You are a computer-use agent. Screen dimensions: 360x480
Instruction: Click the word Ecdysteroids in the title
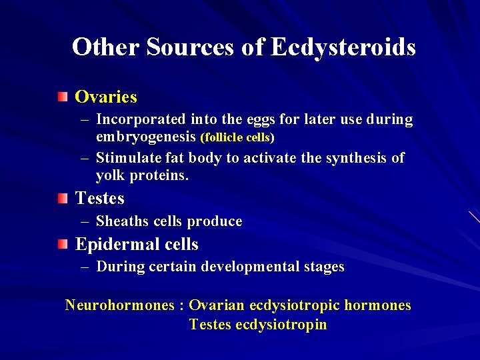pyautogui.click(x=344, y=47)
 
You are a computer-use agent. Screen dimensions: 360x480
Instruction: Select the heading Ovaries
pyautogui.click(x=106, y=97)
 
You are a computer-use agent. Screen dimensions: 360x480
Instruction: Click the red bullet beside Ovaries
pyautogui.click(x=62, y=97)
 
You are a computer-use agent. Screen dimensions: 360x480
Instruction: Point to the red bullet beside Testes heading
pyautogui.click(x=62, y=198)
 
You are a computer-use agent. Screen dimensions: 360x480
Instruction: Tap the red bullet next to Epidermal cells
pyautogui.click(x=62, y=245)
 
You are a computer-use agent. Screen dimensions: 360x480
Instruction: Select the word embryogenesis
pyautogui.click(x=146, y=138)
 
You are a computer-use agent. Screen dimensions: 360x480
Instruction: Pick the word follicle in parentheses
pyautogui.click(x=224, y=139)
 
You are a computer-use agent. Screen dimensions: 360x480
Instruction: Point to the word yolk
pyautogui.click(x=110, y=176)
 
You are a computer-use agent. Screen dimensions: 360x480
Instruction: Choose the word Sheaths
pyautogui.click(x=120, y=221)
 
